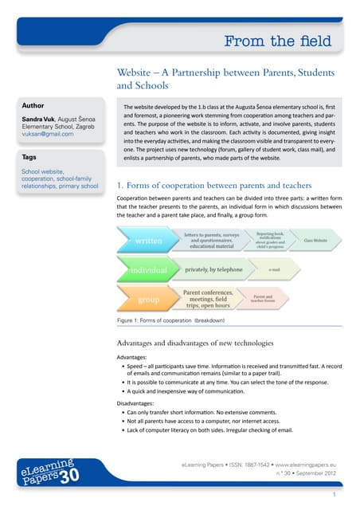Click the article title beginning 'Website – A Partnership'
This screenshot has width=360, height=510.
225,77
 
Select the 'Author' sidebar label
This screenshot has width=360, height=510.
33,104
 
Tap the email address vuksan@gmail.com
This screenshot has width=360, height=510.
47,134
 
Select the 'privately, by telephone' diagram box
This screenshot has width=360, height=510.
213,270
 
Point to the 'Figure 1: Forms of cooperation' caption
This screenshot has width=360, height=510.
170,320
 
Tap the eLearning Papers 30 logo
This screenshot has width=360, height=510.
46,474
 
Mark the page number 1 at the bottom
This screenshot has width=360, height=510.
335,496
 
